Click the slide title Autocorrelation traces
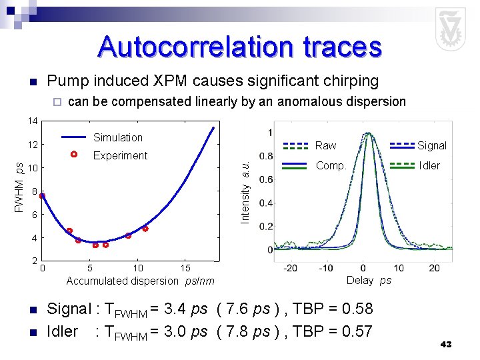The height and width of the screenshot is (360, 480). point(240,47)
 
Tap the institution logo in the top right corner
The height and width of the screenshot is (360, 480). point(450,29)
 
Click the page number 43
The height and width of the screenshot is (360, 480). point(446,345)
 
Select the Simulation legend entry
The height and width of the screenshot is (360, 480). point(117,137)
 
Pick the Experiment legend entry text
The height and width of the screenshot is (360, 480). point(120,155)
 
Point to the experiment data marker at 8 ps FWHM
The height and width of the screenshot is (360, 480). point(42,196)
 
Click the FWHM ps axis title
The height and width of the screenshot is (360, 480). point(19,187)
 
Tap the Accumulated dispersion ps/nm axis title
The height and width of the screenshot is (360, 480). point(140,281)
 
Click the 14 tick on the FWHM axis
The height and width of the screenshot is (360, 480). point(32,121)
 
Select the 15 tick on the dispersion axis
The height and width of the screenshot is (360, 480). point(186,269)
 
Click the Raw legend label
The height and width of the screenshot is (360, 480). point(325,145)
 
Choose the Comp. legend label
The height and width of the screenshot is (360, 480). point(330,165)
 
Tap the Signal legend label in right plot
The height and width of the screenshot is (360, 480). point(432,145)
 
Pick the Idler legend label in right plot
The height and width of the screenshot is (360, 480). point(429,165)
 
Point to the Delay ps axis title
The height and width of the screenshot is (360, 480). point(369,281)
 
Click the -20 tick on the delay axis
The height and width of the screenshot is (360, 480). point(290,268)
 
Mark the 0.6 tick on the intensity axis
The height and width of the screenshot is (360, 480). point(265,179)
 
